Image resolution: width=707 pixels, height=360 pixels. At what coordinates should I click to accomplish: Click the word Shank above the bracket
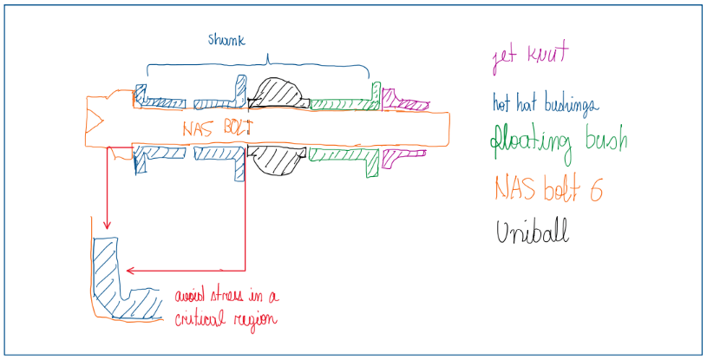pos(227,41)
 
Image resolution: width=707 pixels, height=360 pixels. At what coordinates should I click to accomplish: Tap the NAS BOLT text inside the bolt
pos(215,128)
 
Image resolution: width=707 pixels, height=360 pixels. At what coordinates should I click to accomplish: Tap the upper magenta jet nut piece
pos(403,102)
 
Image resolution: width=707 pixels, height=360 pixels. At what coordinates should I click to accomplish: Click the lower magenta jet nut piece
pos(403,155)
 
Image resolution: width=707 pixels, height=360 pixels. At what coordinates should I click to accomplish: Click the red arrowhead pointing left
pos(130,270)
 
